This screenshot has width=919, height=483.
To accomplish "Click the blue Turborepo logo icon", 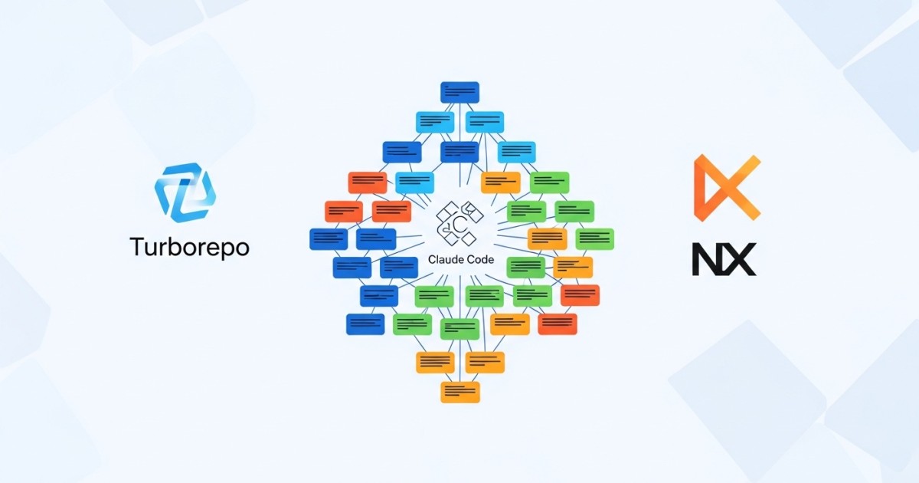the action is [x=185, y=192].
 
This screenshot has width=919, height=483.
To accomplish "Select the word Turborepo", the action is [x=190, y=247].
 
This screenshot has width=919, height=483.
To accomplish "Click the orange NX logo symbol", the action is [x=727, y=188].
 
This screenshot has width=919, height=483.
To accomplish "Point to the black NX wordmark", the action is [x=724, y=259].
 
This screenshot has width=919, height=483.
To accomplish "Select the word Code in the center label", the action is [x=479, y=260].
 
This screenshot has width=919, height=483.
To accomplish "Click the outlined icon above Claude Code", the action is [x=460, y=223].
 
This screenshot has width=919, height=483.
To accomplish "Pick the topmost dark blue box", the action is [x=460, y=93].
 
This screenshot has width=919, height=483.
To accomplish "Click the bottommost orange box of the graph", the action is [x=460, y=392].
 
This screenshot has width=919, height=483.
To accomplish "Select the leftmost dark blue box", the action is [x=329, y=239].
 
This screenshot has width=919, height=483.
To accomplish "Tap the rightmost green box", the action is [x=595, y=239].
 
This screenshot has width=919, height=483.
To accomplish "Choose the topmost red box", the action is [x=368, y=182].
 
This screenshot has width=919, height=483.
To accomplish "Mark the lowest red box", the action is [x=558, y=324].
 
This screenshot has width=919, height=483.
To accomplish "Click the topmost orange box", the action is [x=501, y=182].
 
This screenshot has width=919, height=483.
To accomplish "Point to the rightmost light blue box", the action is [x=516, y=153].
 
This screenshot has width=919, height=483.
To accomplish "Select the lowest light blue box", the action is [x=415, y=182].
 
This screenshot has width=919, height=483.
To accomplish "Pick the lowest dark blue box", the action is [x=365, y=324].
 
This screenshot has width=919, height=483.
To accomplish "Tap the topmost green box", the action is [x=550, y=182].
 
